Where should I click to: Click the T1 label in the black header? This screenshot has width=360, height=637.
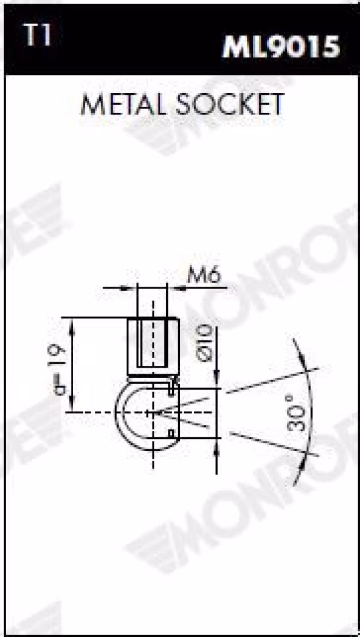(37, 35)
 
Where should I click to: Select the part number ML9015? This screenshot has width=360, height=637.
(281, 47)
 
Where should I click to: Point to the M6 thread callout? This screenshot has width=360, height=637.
(203, 277)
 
